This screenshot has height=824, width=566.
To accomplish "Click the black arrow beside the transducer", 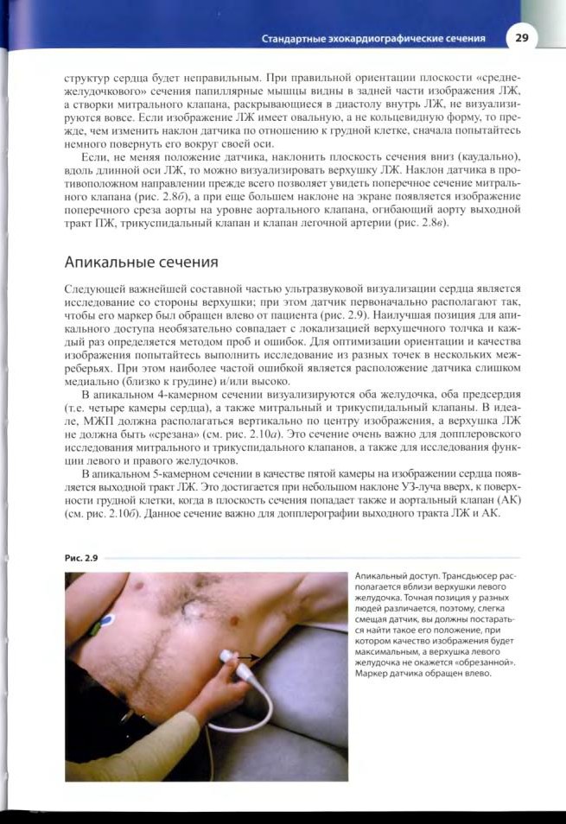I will pyautogui.click(x=247, y=657).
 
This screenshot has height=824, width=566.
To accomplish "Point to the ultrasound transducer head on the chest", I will pyautogui.click(x=227, y=658).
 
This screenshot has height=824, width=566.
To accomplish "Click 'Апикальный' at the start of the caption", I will pyautogui.click(x=380, y=576).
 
